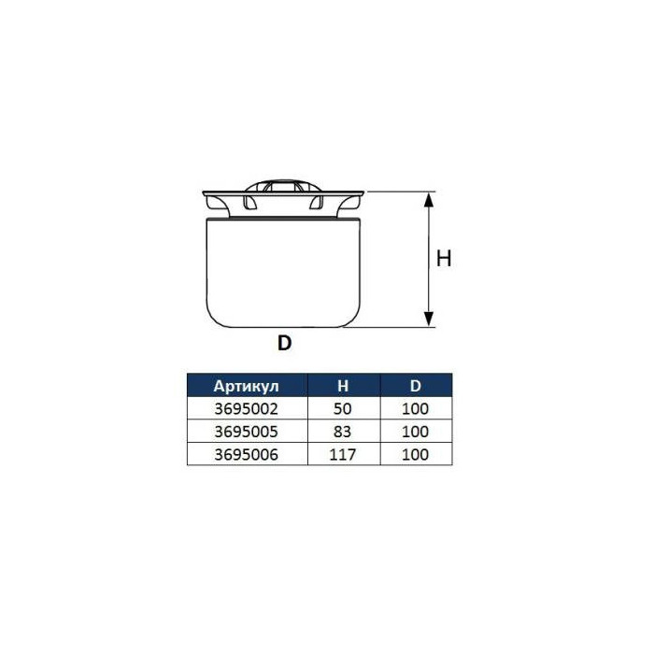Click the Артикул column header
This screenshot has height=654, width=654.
tap(246, 386)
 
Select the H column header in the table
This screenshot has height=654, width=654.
tap(343, 386)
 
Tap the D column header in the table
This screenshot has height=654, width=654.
tap(416, 386)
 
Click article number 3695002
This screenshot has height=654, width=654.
tap(246, 409)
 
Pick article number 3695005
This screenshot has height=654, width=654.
tap(246, 432)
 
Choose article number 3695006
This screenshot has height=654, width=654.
tap(246, 455)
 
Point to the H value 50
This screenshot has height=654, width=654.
tap(343, 409)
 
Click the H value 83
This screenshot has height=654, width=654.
tap(343, 432)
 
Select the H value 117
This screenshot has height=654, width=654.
tap(343, 455)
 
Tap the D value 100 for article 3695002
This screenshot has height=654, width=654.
tap(416, 409)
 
